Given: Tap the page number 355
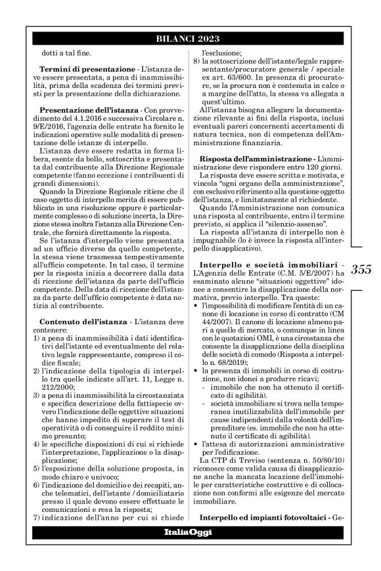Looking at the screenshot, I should coord(361,269).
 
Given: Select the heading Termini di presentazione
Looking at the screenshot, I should coord(78,69).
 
